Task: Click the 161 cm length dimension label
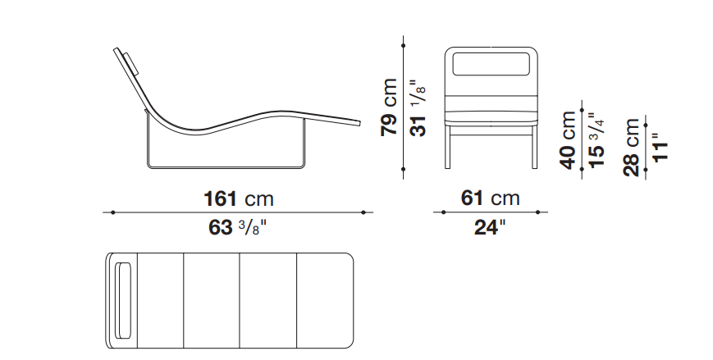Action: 238,199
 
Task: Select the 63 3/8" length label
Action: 237,227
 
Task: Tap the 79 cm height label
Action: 390,107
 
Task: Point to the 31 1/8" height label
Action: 418,107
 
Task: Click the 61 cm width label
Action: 490,198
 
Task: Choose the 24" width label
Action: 489,227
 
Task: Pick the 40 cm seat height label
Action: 569,140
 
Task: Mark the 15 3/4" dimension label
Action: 596,140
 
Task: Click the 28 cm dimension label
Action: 632,148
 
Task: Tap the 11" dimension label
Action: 660,147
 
